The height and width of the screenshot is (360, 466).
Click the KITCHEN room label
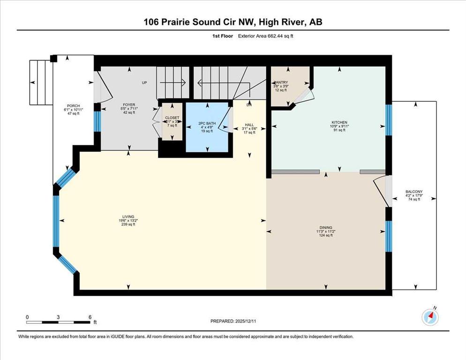tap(338, 122)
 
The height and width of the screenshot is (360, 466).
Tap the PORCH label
tap(72, 105)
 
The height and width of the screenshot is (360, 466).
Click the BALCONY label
tap(414, 191)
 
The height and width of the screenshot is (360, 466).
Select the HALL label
tap(249, 125)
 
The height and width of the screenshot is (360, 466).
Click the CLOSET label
tap(172, 118)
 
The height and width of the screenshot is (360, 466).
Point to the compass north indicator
tap(430, 317)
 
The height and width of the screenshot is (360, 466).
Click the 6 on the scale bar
tap(89, 317)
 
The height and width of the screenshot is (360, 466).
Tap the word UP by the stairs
tap(145, 83)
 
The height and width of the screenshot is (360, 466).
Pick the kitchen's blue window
tap(388, 120)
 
